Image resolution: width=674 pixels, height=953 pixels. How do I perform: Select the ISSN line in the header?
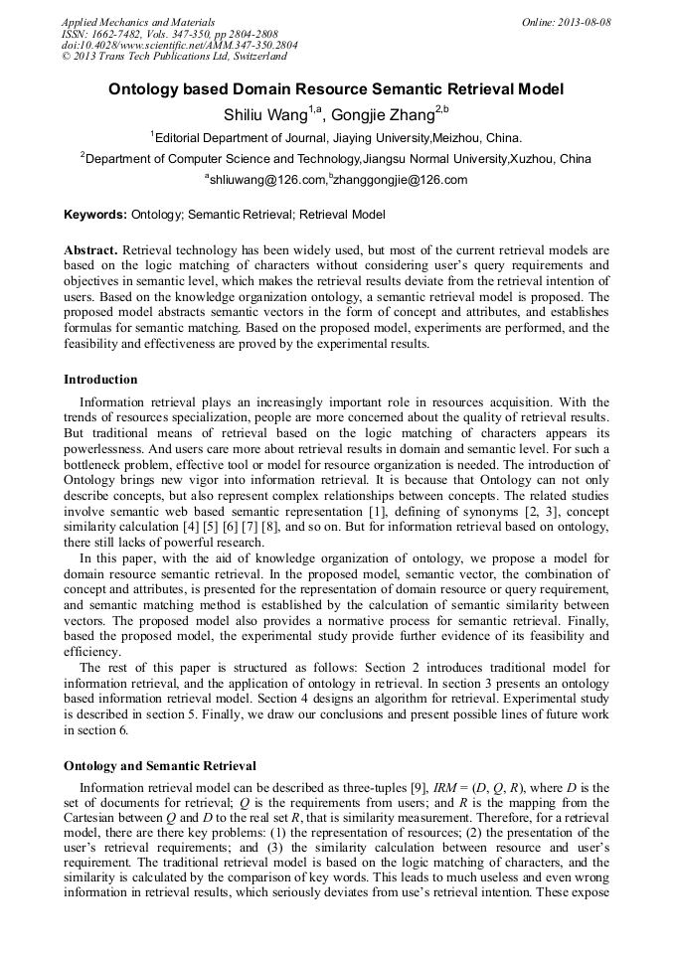click(x=170, y=33)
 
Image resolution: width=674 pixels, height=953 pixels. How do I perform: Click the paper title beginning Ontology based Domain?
click(x=336, y=89)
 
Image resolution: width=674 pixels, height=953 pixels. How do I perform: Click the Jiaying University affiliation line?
click(x=336, y=137)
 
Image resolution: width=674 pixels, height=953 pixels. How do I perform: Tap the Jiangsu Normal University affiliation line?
click(x=336, y=158)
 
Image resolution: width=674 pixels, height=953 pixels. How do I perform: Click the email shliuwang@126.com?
click(x=267, y=180)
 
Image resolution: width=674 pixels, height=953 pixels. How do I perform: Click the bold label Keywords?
click(x=95, y=214)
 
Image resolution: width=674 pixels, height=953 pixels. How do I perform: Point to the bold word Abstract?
click(x=90, y=250)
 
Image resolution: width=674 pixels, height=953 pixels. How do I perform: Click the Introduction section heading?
click(x=100, y=380)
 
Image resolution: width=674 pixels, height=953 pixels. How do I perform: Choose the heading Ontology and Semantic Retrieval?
click(x=160, y=766)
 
